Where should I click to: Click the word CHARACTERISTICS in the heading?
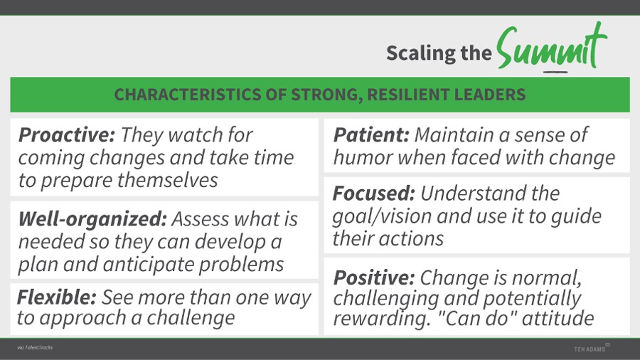pyautogui.click(x=187, y=95)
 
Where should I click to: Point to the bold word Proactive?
pyautogui.click(x=67, y=134)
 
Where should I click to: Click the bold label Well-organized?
pyautogui.click(x=92, y=219)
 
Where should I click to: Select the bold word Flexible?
pyautogui.click(x=57, y=297)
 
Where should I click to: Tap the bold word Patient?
pyautogui.click(x=371, y=134)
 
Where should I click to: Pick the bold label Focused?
pyautogui.click(x=374, y=194)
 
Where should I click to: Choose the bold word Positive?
pyautogui.click(x=374, y=278)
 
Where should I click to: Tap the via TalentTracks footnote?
pyautogui.click(x=35, y=348)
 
